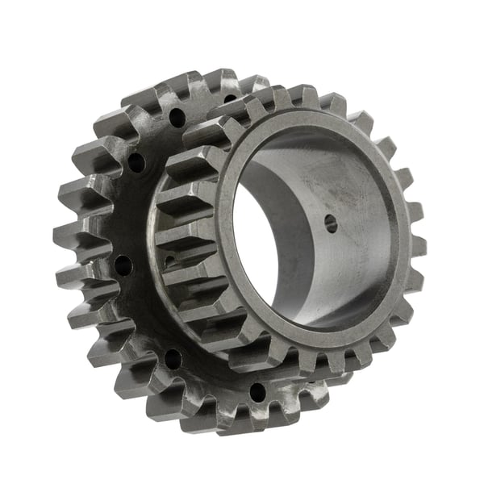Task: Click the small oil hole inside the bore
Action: click(x=331, y=224)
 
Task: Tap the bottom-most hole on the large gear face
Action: click(x=257, y=393)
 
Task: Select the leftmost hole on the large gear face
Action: click(x=123, y=265)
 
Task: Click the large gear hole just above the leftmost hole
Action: click(x=136, y=163)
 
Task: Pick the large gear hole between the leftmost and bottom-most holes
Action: click(x=173, y=358)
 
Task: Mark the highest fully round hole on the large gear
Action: click(x=177, y=118)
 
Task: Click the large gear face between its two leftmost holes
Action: click(x=127, y=214)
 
